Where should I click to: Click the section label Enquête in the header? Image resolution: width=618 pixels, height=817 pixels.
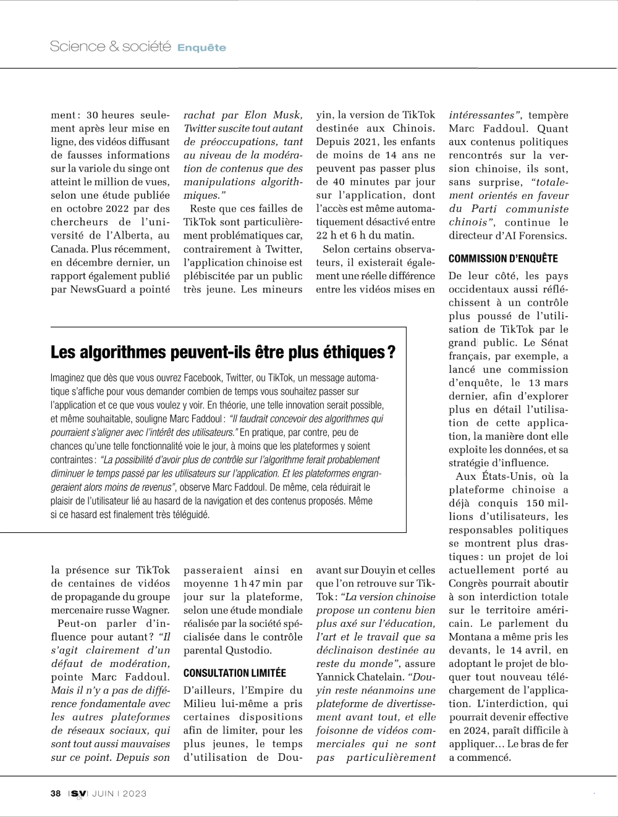(x=201, y=48)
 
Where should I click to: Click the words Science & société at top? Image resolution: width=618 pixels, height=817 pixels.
(x=110, y=46)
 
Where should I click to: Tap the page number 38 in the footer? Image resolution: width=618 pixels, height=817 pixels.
(x=56, y=794)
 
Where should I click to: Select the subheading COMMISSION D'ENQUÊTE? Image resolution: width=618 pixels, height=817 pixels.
(x=503, y=259)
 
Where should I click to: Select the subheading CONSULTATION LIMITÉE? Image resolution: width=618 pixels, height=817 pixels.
(x=235, y=673)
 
